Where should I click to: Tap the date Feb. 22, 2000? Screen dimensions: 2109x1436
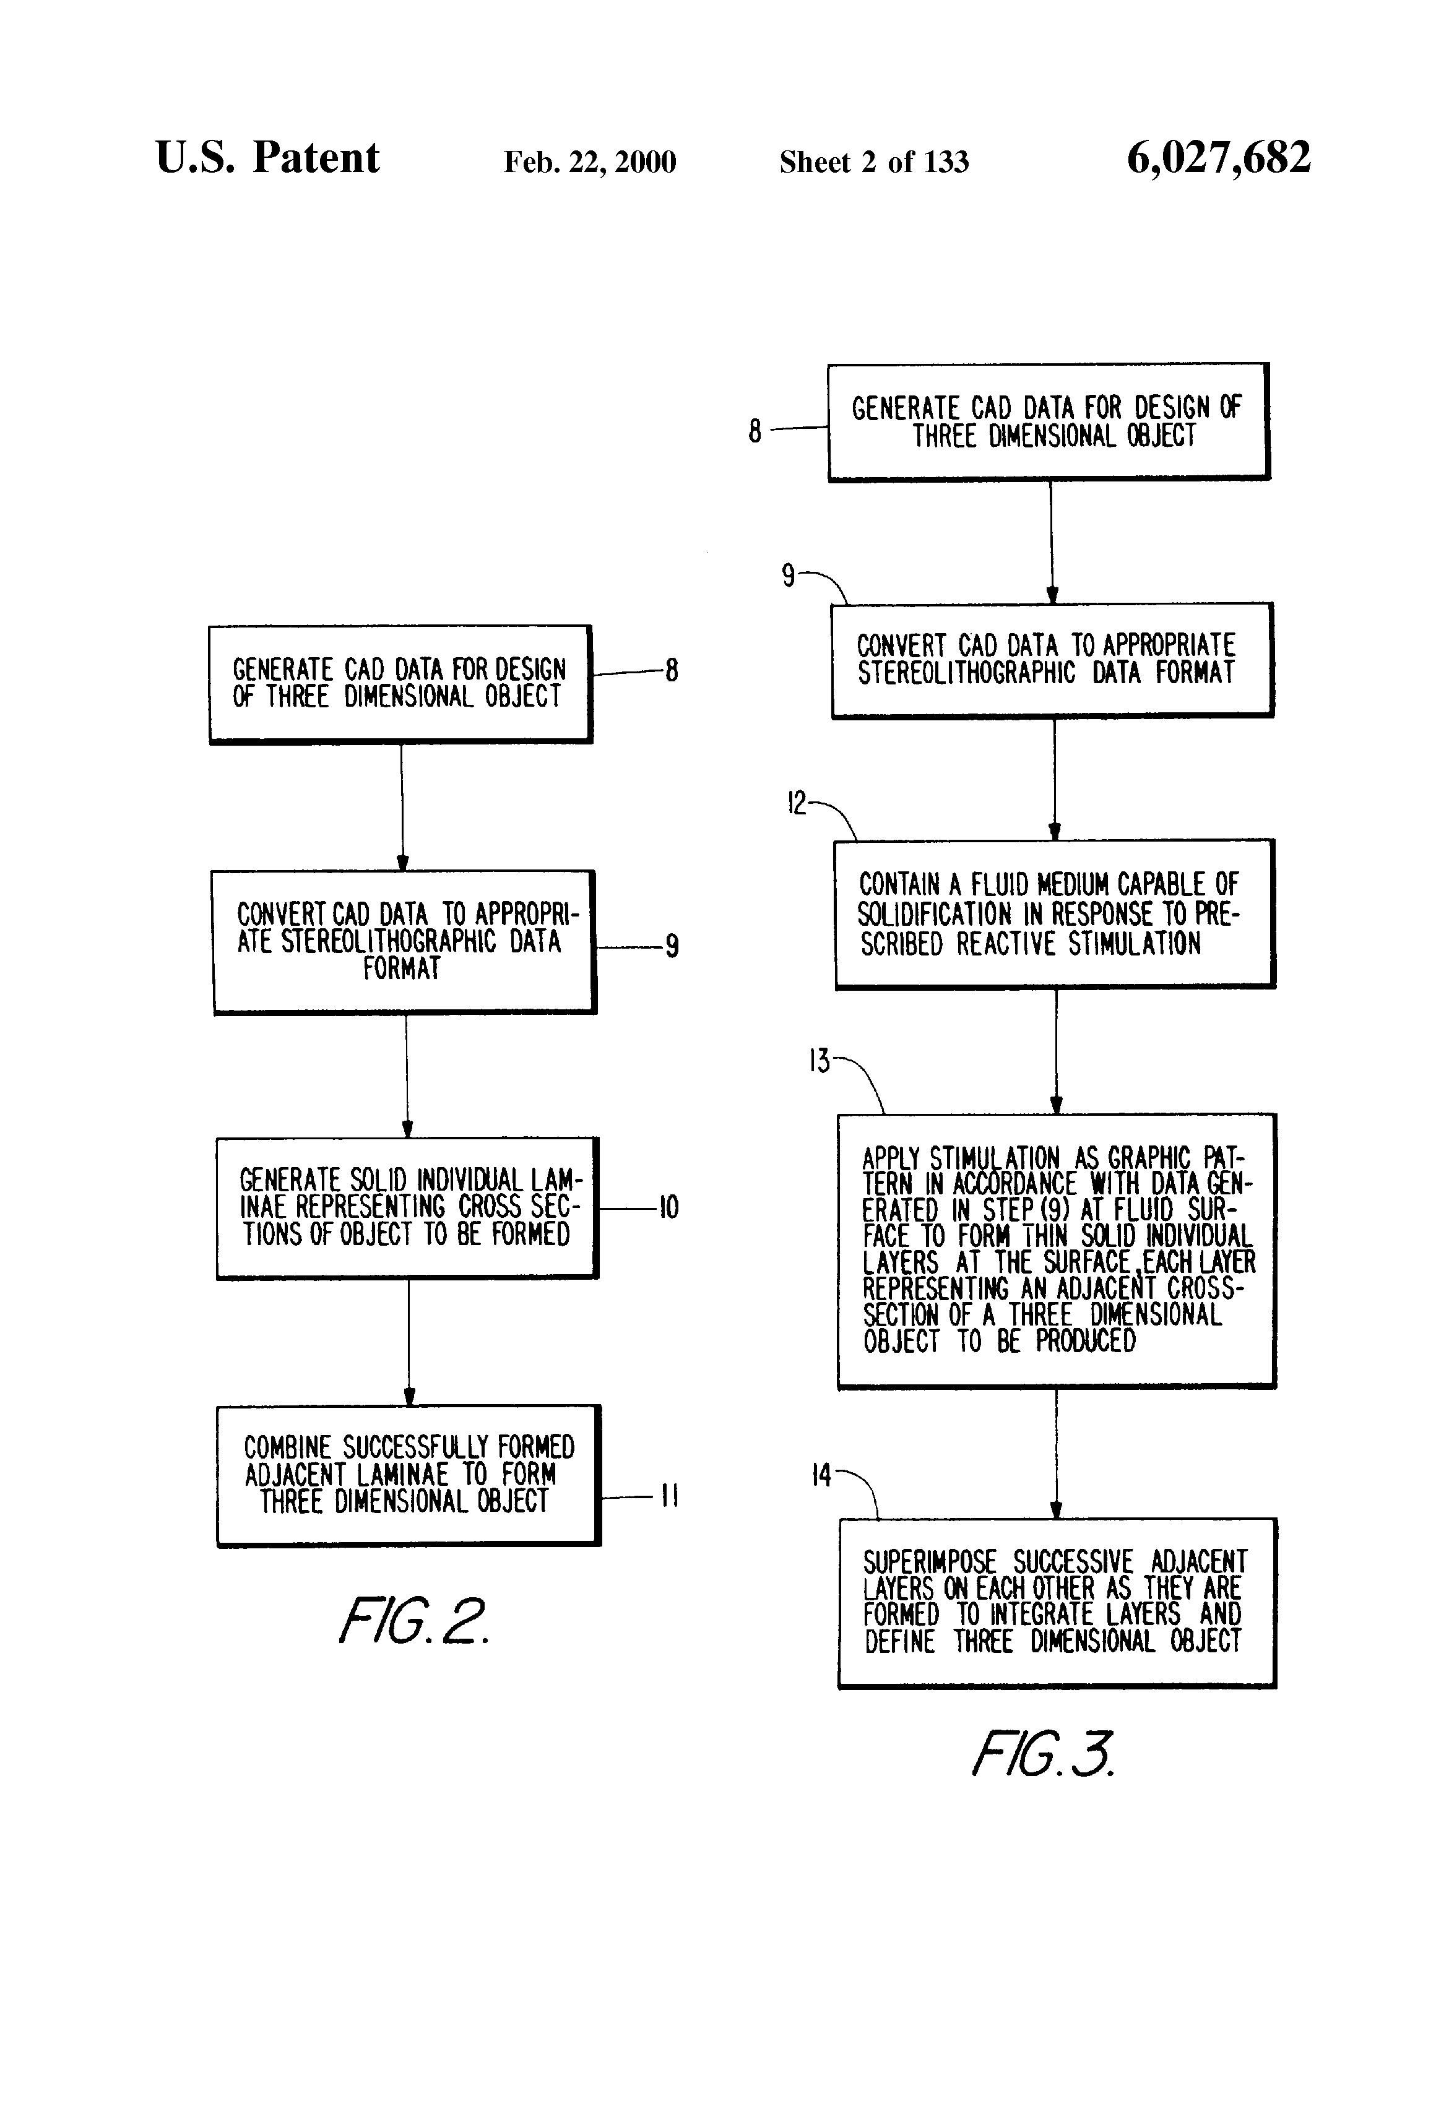pyautogui.click(x=590, y=162)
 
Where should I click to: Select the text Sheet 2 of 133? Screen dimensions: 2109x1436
pyautogui.click(x=874, y=162)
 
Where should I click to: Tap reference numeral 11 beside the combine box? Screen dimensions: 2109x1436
pyautogui.click(x=669, y=1496)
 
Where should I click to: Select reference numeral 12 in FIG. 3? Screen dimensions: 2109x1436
pyautogui.click(x=796, y=803)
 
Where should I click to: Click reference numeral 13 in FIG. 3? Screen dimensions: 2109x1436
pyautogui.click(x=820, y=1061)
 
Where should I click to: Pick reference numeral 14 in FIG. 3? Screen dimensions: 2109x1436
pyautogui.click(x=821, y=1475)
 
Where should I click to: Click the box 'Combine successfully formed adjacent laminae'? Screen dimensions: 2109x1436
pyautogui.click(x=409, y=1475)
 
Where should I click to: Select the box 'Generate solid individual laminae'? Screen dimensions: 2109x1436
pyautogui.click(x=407, y=1208)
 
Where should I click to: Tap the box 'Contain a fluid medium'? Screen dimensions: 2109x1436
pyautogui.click(x=1055, y=914)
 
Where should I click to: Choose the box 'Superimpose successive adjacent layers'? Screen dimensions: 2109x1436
pyautogui.click(x=1057, y=1603)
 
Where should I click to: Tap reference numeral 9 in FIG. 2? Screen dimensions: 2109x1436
pyautogui.click(x=672, y=946)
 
